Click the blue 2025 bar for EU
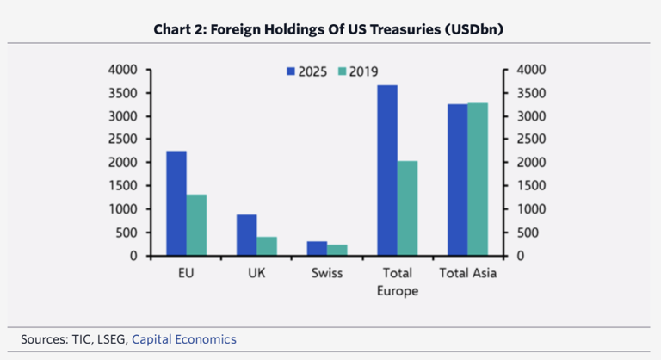(x=176, y=203)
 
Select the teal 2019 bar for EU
(x=196, y=225)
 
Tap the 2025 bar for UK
(x=247, y=235)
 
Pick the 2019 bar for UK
(x=267, y=246)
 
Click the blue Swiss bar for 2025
(x=318, y=248)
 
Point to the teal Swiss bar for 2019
(x=337, y=250)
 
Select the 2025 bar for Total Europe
(x=387, y=171)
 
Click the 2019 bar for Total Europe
(x=408, y=208)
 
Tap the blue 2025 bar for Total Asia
(x=458, y=180)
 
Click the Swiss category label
(x=327, y=274)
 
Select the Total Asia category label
(x=468, y=274)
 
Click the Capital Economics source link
(x=184, y=339)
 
